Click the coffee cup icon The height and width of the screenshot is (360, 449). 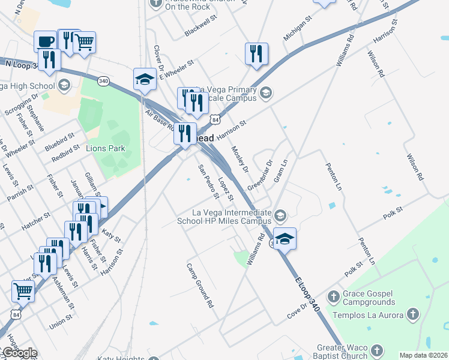coord(44,41)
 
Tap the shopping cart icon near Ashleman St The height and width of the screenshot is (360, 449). coord(23,291)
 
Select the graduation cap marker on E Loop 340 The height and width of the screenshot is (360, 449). coord(285,238)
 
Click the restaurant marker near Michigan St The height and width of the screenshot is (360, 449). coord(256,53)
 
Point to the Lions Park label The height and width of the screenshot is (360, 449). coord(106,148)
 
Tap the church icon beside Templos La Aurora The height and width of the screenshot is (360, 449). coord(412,314)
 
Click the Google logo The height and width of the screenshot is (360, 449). coord(19,353)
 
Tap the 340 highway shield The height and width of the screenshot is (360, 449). coord(103,80)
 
